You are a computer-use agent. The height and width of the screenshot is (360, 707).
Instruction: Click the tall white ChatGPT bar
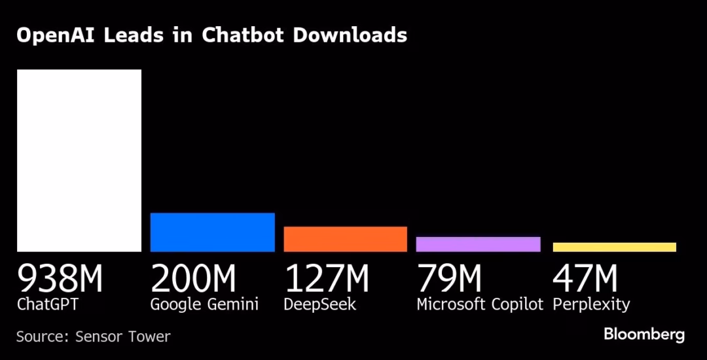coord(79,160)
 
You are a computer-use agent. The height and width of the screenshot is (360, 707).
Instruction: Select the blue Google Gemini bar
coord(212,232)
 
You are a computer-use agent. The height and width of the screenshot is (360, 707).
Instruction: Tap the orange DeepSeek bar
coord(345,239)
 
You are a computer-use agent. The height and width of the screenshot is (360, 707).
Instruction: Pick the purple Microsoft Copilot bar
coord(478,244)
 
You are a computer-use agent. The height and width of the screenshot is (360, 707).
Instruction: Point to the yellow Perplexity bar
coord(614,247)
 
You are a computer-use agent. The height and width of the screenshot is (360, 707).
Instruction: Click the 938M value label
coord(60,278)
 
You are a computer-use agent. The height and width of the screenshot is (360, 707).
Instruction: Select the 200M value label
coord(193,278)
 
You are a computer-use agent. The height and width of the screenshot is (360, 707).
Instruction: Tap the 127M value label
coord(326,278)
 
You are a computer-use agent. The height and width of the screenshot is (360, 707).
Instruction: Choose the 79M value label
coord(449,278)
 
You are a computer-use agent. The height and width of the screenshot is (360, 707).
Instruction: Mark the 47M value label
coord(585,278)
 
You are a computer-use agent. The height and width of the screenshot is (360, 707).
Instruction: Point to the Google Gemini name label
coord(204,305)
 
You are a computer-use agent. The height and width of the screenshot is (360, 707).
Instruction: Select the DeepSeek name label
coord(319,305)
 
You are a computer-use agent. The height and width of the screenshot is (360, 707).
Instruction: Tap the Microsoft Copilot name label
coord(480,305)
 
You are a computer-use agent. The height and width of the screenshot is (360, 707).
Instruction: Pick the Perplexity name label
coord(590,305)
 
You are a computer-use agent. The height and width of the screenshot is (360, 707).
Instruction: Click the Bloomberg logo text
coord(644,334)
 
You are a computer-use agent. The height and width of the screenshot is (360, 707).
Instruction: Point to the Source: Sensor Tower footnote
coord(93,336)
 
